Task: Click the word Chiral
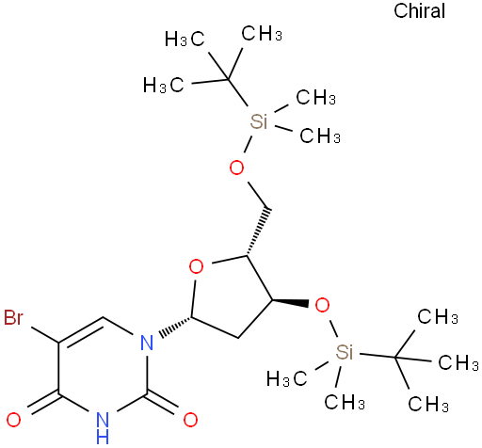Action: tap(419, 10)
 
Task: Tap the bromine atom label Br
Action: tap(13, 317)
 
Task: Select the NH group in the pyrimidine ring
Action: tap(103, 428)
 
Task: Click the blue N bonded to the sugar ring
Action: tap(147, 343)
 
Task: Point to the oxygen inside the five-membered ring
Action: tap(197, 267)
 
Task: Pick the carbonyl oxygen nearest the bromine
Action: tap(14, 420)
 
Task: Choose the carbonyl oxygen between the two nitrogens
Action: tap(190, 420)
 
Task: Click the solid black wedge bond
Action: tap(291, 302)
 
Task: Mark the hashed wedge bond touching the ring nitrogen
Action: tap(175, 327)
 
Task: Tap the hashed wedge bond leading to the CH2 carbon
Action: tap(257, 232)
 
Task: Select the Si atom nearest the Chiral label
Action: tap(259, 121)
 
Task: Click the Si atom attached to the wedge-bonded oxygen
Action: tap(345, 352)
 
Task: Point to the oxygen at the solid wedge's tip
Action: tap(322, 305)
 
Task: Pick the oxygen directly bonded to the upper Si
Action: tap(236, 168)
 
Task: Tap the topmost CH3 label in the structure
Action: tap(262, 34)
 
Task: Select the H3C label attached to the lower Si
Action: tap(287, 378)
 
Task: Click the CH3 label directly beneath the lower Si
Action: tap(345, 402)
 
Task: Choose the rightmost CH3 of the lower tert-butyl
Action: tap(458, 363)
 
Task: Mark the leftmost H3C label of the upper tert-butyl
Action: tap(163, 85)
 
